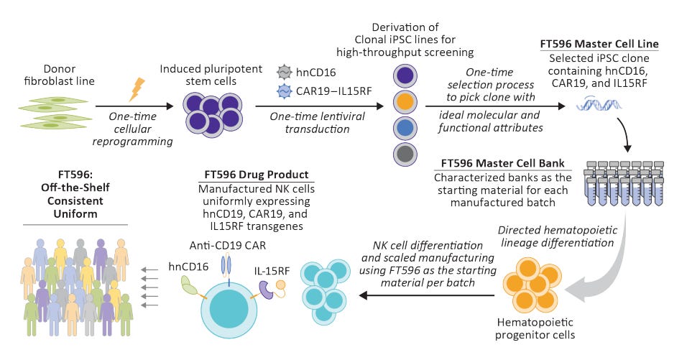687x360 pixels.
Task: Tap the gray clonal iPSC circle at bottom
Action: tap(405, 153)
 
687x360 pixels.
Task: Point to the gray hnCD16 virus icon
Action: tap(284, 71)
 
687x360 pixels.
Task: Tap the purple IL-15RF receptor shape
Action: tap(264, 288)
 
